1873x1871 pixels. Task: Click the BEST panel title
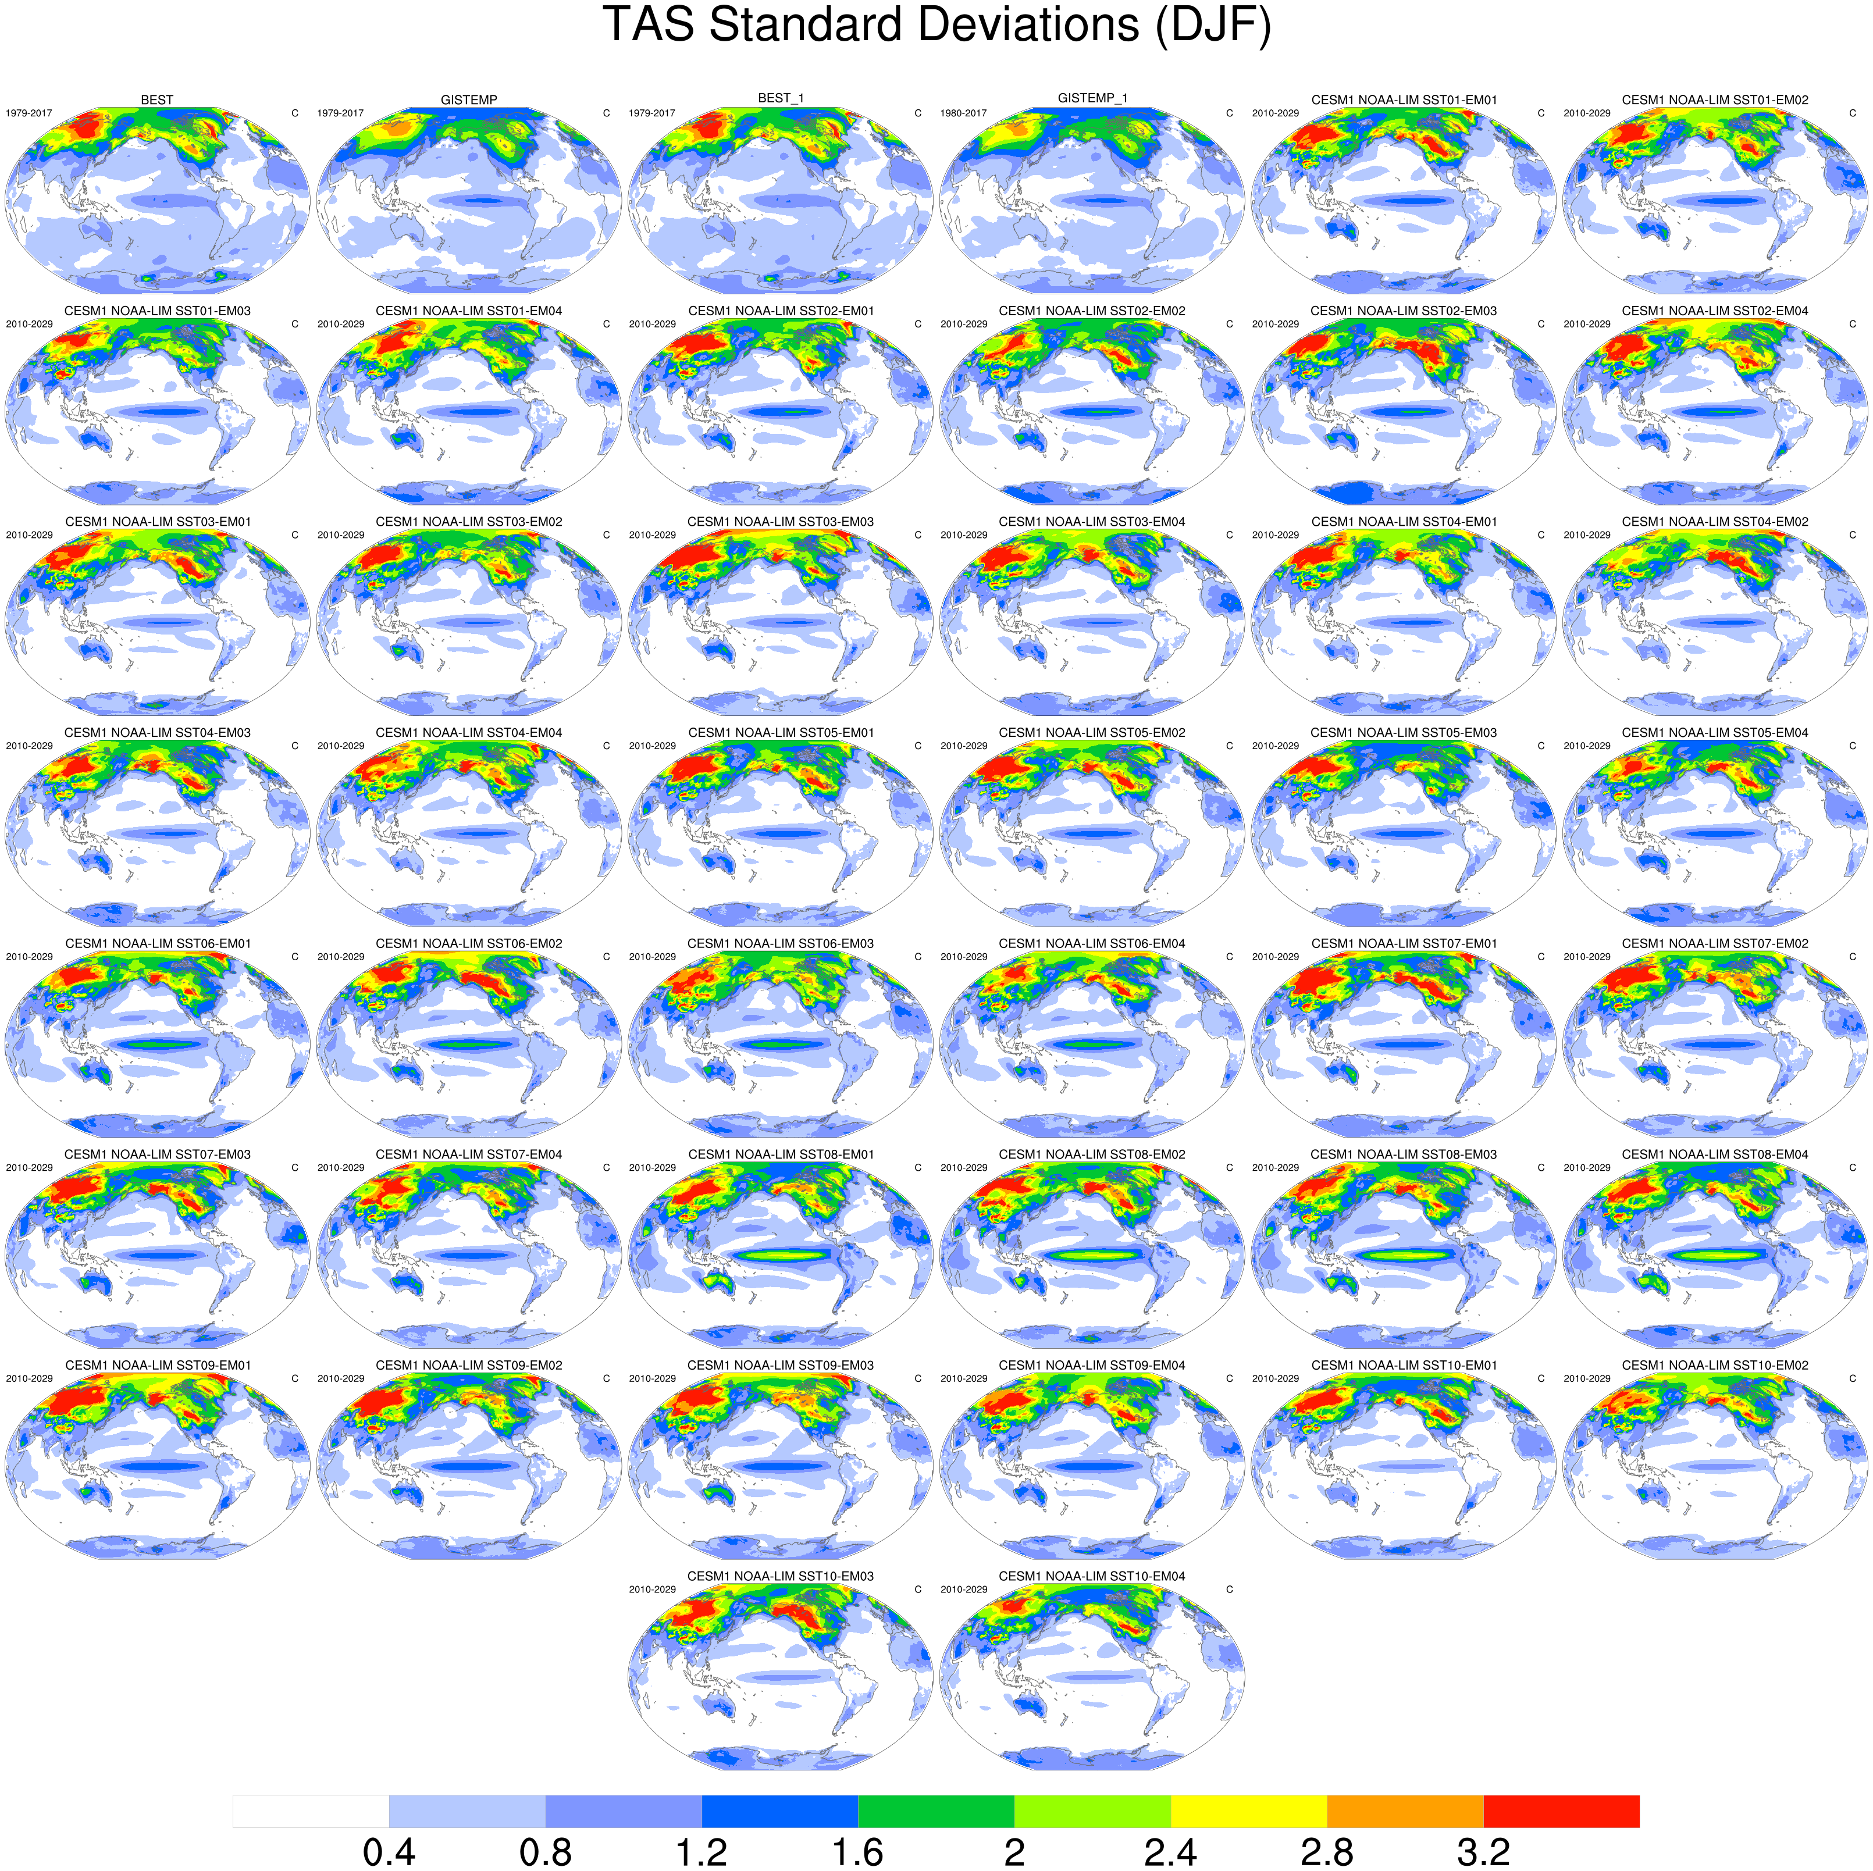click(x=157, y=100)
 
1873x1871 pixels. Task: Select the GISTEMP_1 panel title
click(x=1092, y=98)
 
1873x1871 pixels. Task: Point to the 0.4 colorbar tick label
click(x=389, y=1852)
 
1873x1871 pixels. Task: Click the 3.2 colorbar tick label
click(x=1483, y=1852)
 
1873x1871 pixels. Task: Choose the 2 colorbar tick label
click(x=1014, y=1852)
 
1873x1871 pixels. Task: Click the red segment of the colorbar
click(x=1561, y=1811)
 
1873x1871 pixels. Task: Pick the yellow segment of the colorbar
click(x=1249, y=1811)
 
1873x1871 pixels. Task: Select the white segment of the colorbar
click(x=310, y=1811)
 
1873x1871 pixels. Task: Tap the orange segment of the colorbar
click(x=1405, y=1811)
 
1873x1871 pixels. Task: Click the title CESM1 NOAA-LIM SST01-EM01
click(x=1404, y=100)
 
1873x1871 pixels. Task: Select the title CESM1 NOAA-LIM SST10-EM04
click(x=1092, y=1576)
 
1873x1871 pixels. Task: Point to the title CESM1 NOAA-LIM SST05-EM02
click(x=1092, y=733)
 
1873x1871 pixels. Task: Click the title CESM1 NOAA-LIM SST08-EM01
click(x=781, y=1154)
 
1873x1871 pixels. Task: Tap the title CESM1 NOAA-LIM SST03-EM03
click(x=781, y=522)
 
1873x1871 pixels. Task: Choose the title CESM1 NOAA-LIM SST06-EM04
click(x=1092, y=943)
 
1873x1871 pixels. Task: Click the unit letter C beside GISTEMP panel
click(x=607, y=113)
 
